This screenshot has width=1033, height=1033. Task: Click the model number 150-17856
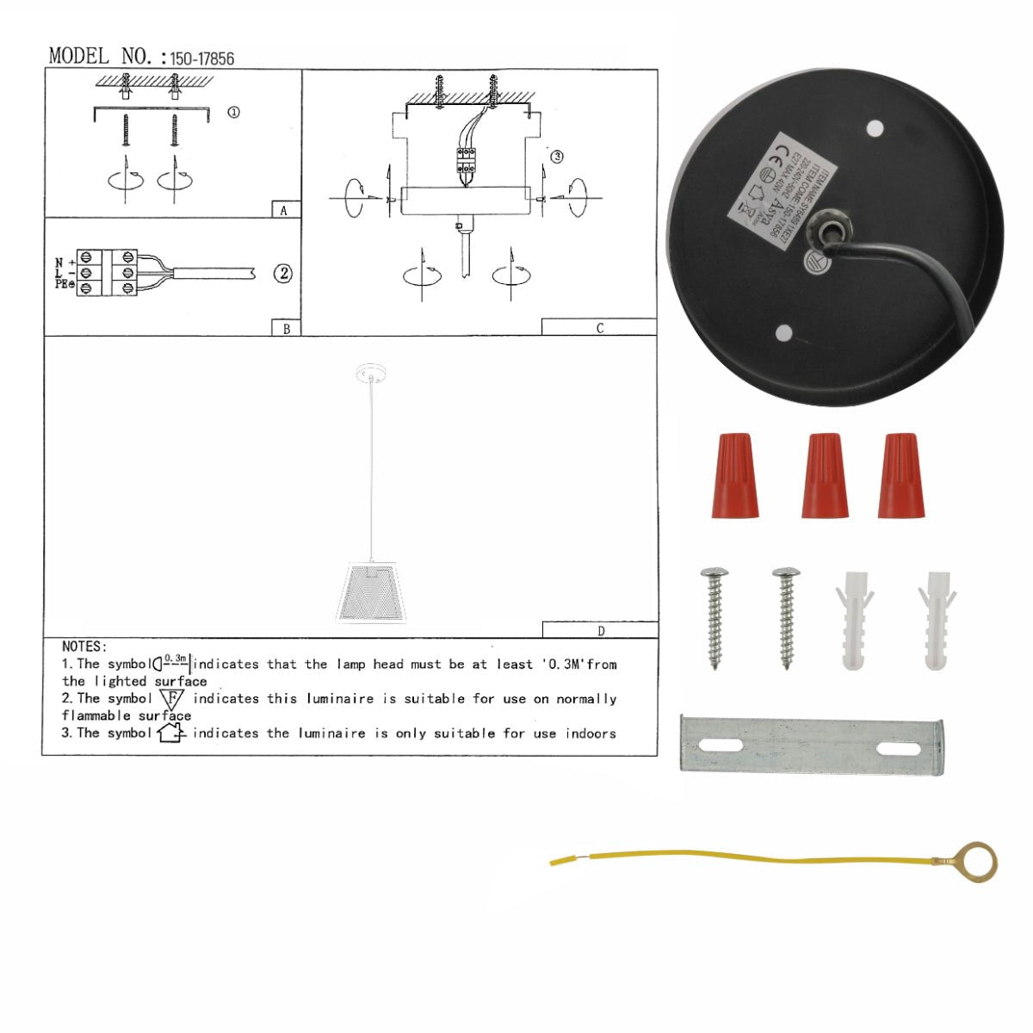point(201,59)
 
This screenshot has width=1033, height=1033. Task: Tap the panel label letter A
point(284,210)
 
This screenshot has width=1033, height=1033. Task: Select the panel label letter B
point(286,328)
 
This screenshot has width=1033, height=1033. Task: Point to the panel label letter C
point(600,328)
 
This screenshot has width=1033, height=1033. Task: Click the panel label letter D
point(601,631)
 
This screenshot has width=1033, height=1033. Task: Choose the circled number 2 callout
point(283,274)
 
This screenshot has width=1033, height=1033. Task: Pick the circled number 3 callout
point(557,157)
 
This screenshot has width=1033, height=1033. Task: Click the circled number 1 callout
point(233,113)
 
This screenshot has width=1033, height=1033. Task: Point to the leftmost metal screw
point(714,616)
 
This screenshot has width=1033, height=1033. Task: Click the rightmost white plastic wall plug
point(937,619)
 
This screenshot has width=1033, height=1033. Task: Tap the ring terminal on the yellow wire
point(978,862)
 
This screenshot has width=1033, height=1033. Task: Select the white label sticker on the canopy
point(769,191)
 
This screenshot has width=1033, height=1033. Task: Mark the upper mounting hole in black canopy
point(875,129)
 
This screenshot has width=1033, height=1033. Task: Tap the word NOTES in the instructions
point(84,646)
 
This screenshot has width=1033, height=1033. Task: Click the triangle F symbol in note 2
point(172,700)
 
